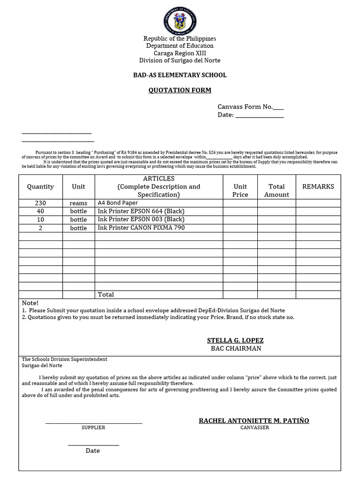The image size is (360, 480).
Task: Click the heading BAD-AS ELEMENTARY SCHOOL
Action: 180,75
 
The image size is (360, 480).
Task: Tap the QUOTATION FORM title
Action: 180,90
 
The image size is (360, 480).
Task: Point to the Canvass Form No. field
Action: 250,107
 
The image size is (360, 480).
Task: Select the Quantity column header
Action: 40,187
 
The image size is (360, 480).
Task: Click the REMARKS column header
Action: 318,187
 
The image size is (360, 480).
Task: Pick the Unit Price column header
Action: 240,190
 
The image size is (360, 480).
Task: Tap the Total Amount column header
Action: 277,190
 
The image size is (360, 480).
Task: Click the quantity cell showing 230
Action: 40,203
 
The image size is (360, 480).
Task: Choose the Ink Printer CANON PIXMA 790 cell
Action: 135,228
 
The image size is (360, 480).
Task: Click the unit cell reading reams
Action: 78,203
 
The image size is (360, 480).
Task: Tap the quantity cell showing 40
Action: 40,211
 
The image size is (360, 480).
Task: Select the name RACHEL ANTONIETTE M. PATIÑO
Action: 254,420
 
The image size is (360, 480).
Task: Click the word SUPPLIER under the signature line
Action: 93,427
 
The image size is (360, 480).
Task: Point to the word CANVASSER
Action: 255,427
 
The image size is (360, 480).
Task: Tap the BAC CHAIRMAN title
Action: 236,349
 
